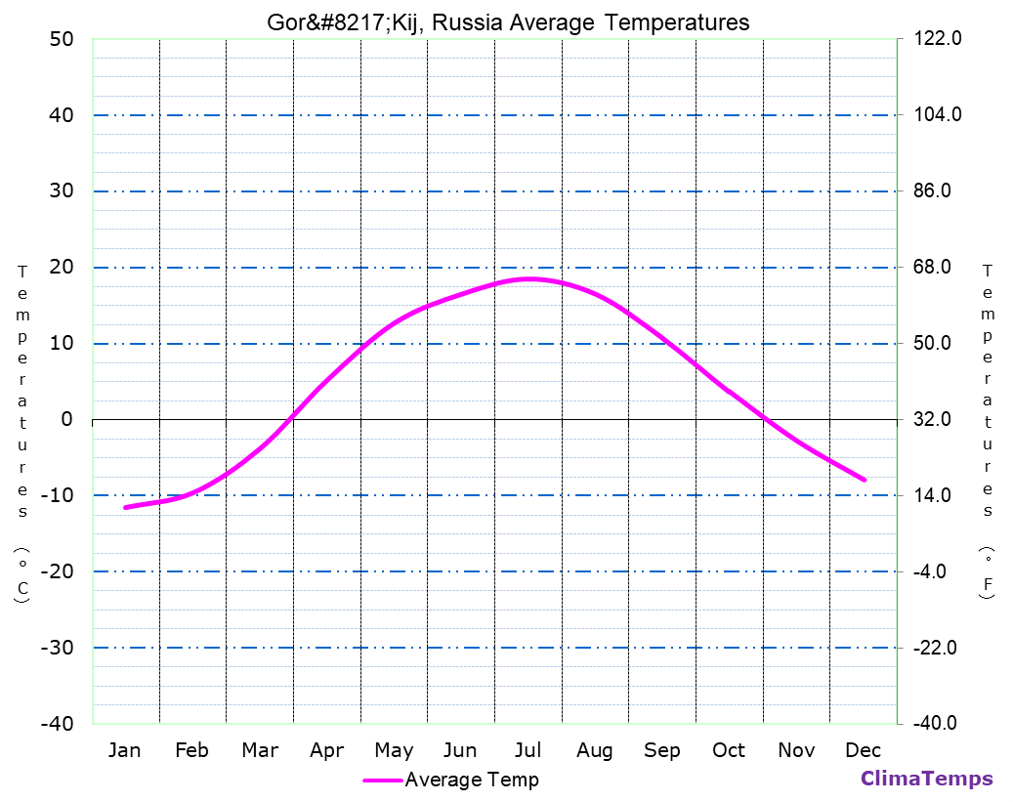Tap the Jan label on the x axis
[124, 750]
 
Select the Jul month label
[528, 750]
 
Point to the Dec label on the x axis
[864, 750]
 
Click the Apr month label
[326, 750]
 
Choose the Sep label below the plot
[662, 750]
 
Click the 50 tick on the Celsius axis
[61, 40]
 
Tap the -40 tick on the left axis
[56, 724]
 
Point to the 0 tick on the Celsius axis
[66, 420]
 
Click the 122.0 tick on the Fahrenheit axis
[939, 39]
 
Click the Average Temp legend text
[472, 780]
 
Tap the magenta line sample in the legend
[382, 781]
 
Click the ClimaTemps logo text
[926, 779]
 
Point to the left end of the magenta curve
[125, 507]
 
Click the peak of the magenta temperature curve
[528, 279]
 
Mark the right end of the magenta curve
[865, 480]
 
